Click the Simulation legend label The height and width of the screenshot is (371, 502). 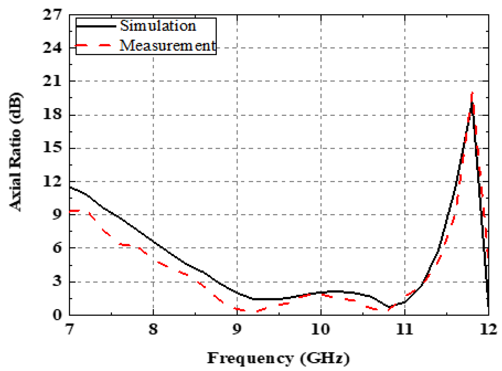coord(158,26)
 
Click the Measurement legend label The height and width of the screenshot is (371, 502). coord(167,45)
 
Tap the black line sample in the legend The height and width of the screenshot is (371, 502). coord(96,26)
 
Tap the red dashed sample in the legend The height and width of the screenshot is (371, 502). coord(93,45)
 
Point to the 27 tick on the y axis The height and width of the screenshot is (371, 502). coord(52,14)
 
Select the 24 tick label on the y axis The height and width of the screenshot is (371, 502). coord(52,48)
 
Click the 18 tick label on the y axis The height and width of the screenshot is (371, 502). coord(52,114)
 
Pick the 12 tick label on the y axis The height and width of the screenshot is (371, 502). coord(52,181)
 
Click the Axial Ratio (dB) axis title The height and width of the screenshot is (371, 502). coord(15,152)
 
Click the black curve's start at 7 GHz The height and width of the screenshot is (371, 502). coord(70,187)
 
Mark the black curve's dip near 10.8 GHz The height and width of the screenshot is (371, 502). coord(389,307)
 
